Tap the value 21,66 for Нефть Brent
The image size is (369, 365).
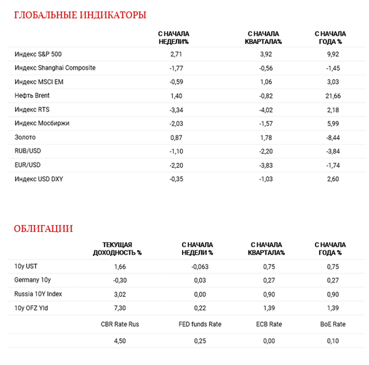[333, 96]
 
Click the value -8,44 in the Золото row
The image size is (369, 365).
[333, 136]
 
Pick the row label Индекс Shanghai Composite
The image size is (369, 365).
[55, 68]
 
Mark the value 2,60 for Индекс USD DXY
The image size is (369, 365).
[333, 178]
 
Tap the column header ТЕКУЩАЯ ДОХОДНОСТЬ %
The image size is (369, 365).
[117, 248]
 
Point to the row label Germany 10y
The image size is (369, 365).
[31, 281]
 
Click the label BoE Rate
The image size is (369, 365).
[333, 324]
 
